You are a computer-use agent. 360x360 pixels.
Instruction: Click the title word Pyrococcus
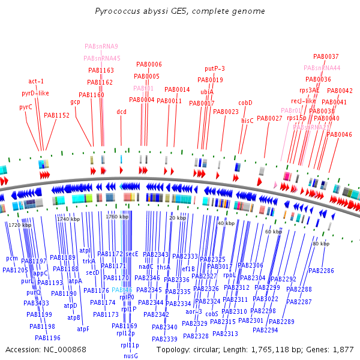117,11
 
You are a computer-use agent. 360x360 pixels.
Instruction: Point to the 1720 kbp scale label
19,224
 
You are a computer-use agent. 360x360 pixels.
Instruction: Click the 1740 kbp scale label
68,220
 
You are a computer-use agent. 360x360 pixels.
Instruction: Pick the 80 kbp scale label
320,244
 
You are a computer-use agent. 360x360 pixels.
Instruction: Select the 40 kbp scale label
226,223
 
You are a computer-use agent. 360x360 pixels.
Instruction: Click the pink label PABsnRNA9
101,46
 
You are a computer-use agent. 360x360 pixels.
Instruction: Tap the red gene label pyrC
26,107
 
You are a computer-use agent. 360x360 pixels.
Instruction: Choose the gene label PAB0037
326,56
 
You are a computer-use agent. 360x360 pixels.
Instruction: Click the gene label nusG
131,356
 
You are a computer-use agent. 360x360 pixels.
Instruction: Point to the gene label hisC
247,121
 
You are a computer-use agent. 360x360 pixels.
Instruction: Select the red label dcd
122,112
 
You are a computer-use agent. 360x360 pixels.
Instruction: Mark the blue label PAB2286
322,271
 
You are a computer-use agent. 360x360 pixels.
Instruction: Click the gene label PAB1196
47,338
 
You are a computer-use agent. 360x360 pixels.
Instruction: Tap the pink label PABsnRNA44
322,68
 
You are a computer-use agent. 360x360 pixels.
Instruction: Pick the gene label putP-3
215,68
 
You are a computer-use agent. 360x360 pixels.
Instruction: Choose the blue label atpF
83,329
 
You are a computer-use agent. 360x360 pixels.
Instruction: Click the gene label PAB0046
339,134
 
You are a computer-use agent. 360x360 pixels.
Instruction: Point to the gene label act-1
36,81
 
